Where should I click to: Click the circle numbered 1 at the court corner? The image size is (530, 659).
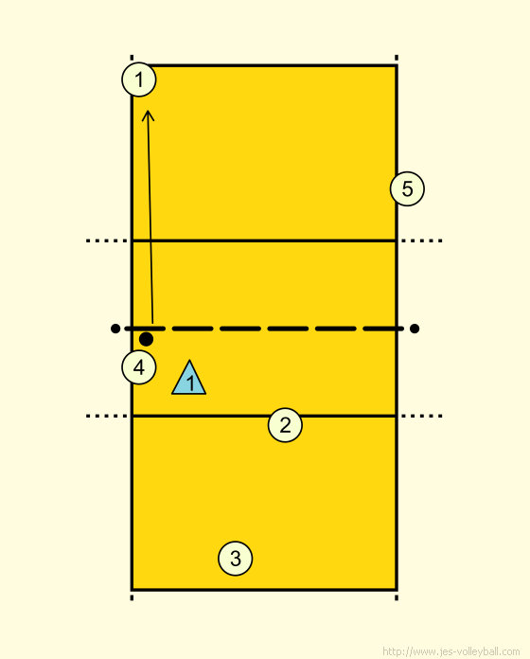pos(139,80)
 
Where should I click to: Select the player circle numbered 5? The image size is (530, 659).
pos(407,188)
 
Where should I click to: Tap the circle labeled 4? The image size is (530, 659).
pos(139,367)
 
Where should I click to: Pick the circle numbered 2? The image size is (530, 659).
pos(285,425)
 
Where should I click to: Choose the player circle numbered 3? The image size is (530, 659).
pos(236,559)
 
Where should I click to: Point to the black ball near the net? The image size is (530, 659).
pos(146,339)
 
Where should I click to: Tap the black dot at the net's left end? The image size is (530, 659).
pos(115,329)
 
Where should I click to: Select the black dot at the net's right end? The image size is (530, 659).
pos(415,329)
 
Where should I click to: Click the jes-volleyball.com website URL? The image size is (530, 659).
pos(451,651)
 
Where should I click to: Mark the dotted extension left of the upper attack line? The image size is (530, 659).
pos(107,240)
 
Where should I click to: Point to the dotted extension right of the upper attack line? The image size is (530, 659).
pos(422,240)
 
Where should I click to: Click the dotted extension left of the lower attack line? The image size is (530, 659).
pos(107,416)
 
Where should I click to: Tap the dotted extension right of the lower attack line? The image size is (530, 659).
pos(422,416)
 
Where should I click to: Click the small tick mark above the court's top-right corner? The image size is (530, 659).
pos(397,58)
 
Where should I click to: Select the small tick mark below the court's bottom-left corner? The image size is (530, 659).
pos(132,597)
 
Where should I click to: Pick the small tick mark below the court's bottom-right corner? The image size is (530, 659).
pos(397,597)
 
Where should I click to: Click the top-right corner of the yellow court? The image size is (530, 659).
pos(397,65)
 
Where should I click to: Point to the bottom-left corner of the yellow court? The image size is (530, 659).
pos(132,590)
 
